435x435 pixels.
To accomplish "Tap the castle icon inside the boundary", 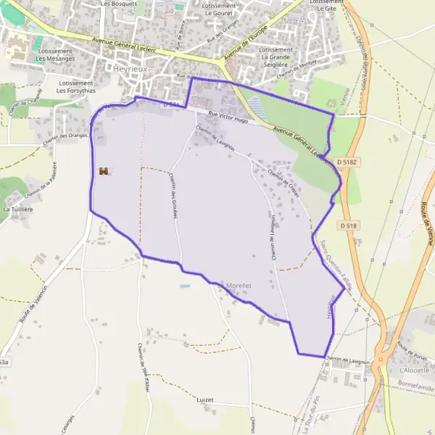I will (x=103, y=171).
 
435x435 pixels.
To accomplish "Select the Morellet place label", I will (x=239, y=286).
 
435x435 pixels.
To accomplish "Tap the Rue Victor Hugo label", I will (x=228, y=117).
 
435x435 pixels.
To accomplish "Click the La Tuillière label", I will (x=17, y=209).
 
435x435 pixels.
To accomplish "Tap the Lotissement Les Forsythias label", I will (x=75, y=87).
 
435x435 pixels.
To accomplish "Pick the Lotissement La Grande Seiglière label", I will (x=281, y=56).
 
